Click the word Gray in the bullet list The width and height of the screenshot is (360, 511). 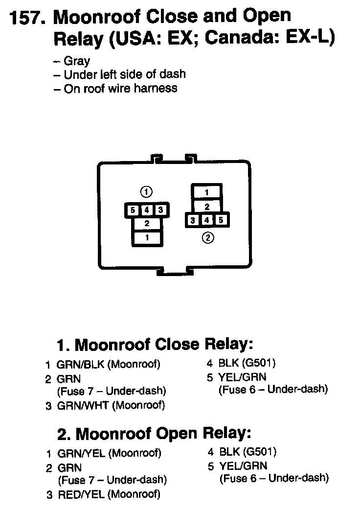77,61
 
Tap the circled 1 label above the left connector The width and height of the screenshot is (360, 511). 146,191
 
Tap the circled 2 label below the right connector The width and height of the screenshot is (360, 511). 207,238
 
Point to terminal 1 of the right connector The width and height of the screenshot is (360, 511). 207,192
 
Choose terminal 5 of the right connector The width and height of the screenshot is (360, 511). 221,220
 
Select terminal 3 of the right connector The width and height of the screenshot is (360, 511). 193,220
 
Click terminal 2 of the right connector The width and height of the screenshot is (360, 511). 207,207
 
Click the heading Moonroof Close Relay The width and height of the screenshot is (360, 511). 155,345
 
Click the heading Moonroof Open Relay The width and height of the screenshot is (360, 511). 155,433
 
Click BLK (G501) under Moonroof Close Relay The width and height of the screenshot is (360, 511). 241,363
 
